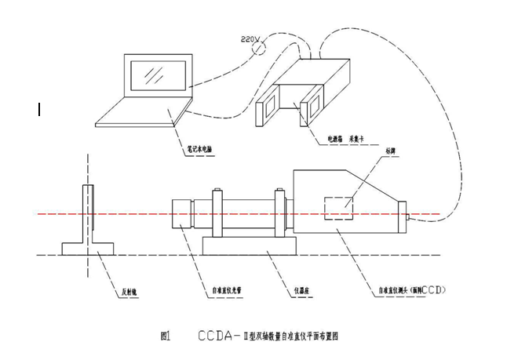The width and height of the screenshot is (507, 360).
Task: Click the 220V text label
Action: [246, 37]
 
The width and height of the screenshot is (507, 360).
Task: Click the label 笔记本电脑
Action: [195, 146]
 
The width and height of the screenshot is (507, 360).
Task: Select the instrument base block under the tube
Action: [249, 246]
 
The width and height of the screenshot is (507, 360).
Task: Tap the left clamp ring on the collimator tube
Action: [217, 213]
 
